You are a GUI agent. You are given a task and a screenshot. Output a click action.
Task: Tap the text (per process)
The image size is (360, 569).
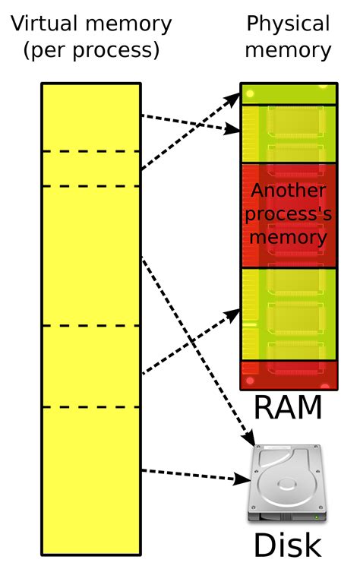tap(91, 52)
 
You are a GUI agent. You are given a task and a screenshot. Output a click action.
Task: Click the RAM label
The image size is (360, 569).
tap(288, 408)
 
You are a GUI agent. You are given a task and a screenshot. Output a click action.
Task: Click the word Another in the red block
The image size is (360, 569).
tap(288, 191)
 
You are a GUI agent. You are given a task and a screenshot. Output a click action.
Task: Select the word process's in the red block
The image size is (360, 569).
tap(288, 213)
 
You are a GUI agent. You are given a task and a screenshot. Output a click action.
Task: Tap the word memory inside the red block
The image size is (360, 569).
tap(288, 237)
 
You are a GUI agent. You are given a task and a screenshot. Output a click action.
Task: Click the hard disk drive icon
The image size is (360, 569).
tap(288, 483)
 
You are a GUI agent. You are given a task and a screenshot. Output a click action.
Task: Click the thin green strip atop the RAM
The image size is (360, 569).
tap(288, 95)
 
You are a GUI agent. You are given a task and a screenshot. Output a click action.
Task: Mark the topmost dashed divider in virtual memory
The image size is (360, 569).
tap(91, 152)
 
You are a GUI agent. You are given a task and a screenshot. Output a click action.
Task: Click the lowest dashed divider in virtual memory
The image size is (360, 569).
tap(91, 407)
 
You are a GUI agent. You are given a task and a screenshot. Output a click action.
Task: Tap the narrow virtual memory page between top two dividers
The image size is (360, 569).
tap(91, 169)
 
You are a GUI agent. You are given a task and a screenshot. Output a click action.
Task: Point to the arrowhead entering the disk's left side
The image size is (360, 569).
tap(245, 479)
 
